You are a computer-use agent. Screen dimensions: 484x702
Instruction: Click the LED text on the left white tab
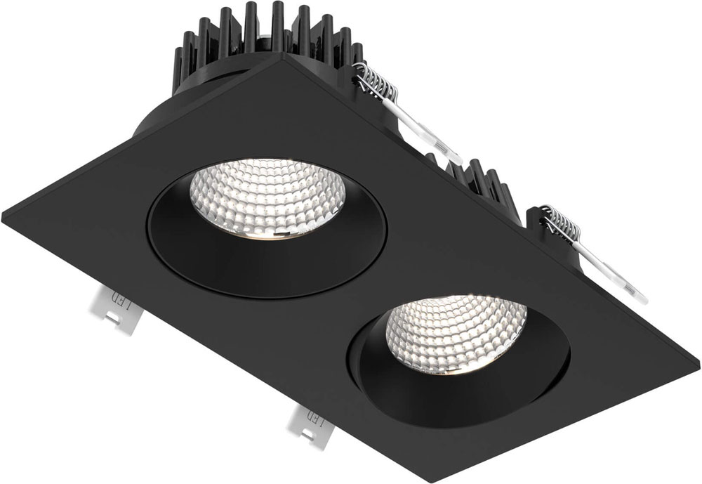pyautogui.click(x=126, y=306)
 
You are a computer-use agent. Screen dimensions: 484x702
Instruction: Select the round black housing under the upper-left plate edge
pyautogui.click(x=161, y=116)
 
